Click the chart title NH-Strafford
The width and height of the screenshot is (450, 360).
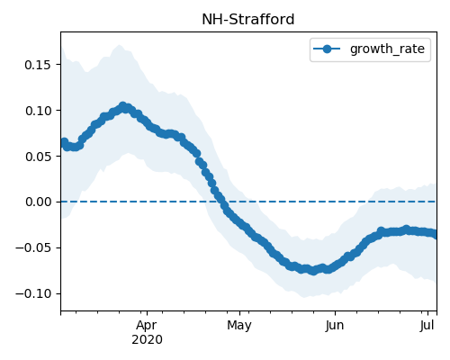[248, 20]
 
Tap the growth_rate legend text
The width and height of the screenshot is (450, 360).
[387, 49]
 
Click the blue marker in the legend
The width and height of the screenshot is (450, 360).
[327, 49]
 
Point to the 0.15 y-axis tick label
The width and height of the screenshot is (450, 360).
[38, 65]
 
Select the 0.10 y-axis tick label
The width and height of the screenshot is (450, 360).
[38, 111]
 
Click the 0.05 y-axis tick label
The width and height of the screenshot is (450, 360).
[38, 157]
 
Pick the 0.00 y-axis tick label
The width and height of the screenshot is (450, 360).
[38, 202]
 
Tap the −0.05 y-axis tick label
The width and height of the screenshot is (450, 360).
[33, 247]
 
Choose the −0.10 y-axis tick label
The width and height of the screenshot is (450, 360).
[33, 293]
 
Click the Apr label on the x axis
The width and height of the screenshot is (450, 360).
[147, 326]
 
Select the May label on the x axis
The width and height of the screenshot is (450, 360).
[239, 326]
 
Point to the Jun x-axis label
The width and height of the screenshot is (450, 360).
[335, 326]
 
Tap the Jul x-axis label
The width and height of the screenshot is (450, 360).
[427, 325]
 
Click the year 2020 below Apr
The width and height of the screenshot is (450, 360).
[147, 340]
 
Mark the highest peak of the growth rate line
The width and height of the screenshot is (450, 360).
[122, 106]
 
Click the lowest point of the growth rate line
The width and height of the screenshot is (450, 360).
[313, 271]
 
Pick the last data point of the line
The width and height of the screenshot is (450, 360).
[436, 234]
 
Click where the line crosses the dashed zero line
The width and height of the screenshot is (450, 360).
[222, 202]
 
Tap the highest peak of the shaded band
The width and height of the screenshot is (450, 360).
[120, 45]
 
